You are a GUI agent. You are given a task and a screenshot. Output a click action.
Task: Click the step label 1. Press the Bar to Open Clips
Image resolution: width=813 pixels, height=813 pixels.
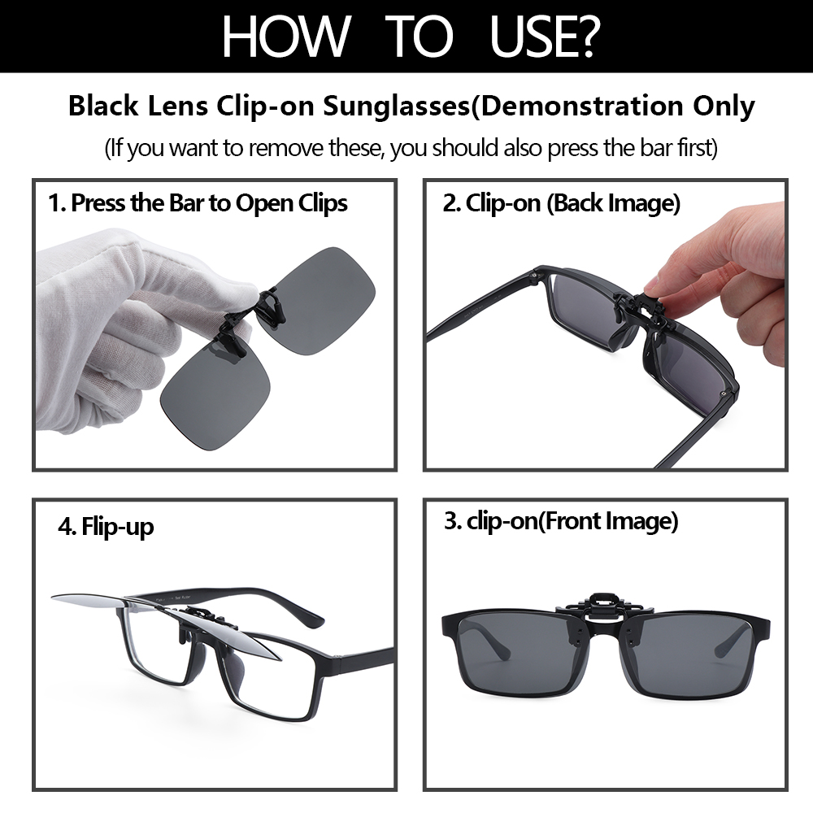198,203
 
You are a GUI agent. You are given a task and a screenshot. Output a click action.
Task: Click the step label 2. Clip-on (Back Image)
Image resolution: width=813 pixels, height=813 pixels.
561,203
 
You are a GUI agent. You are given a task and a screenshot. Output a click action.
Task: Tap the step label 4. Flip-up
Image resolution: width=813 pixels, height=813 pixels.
106,527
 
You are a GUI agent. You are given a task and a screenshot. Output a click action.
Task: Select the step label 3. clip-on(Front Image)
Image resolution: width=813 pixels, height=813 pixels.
561,521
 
